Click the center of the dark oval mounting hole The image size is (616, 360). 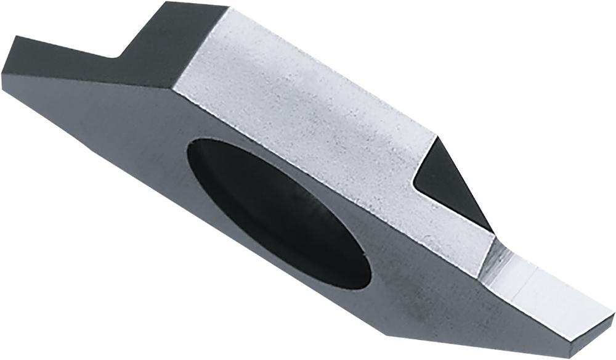click(x=280, y=210)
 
